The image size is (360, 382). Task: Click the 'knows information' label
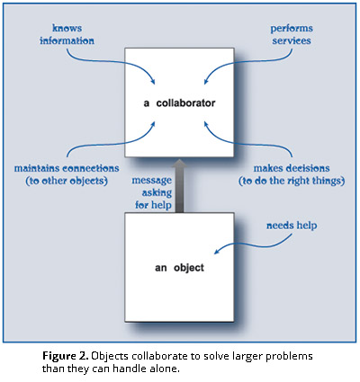click(x=67, y=34)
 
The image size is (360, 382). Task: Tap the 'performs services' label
click(x=292, y=34)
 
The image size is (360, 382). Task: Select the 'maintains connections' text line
click(x=67, y=168)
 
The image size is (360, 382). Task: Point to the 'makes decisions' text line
click(x=292, y=168)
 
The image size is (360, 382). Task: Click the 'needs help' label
click(x=292, y=226)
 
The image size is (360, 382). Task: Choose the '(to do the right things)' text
click(x=292, y=181)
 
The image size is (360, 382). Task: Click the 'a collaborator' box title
click(x=179, y=103)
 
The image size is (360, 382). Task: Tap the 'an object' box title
click(x=179, y=268)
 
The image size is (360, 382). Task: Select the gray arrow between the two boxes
click(x=179, y=186)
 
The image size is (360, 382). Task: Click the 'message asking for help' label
click(x=152, y=192)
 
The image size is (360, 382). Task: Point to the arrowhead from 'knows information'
click(x=153, y=82)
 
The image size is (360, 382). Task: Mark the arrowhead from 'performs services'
click(x=206, y=82)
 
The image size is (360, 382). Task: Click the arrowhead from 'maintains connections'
click(x=153, y=124)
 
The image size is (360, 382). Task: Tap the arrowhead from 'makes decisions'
click(x=206, y=124)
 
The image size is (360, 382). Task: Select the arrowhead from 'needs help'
click(x=216, y=252)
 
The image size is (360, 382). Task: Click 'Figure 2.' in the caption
click(x=66, y=357)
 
